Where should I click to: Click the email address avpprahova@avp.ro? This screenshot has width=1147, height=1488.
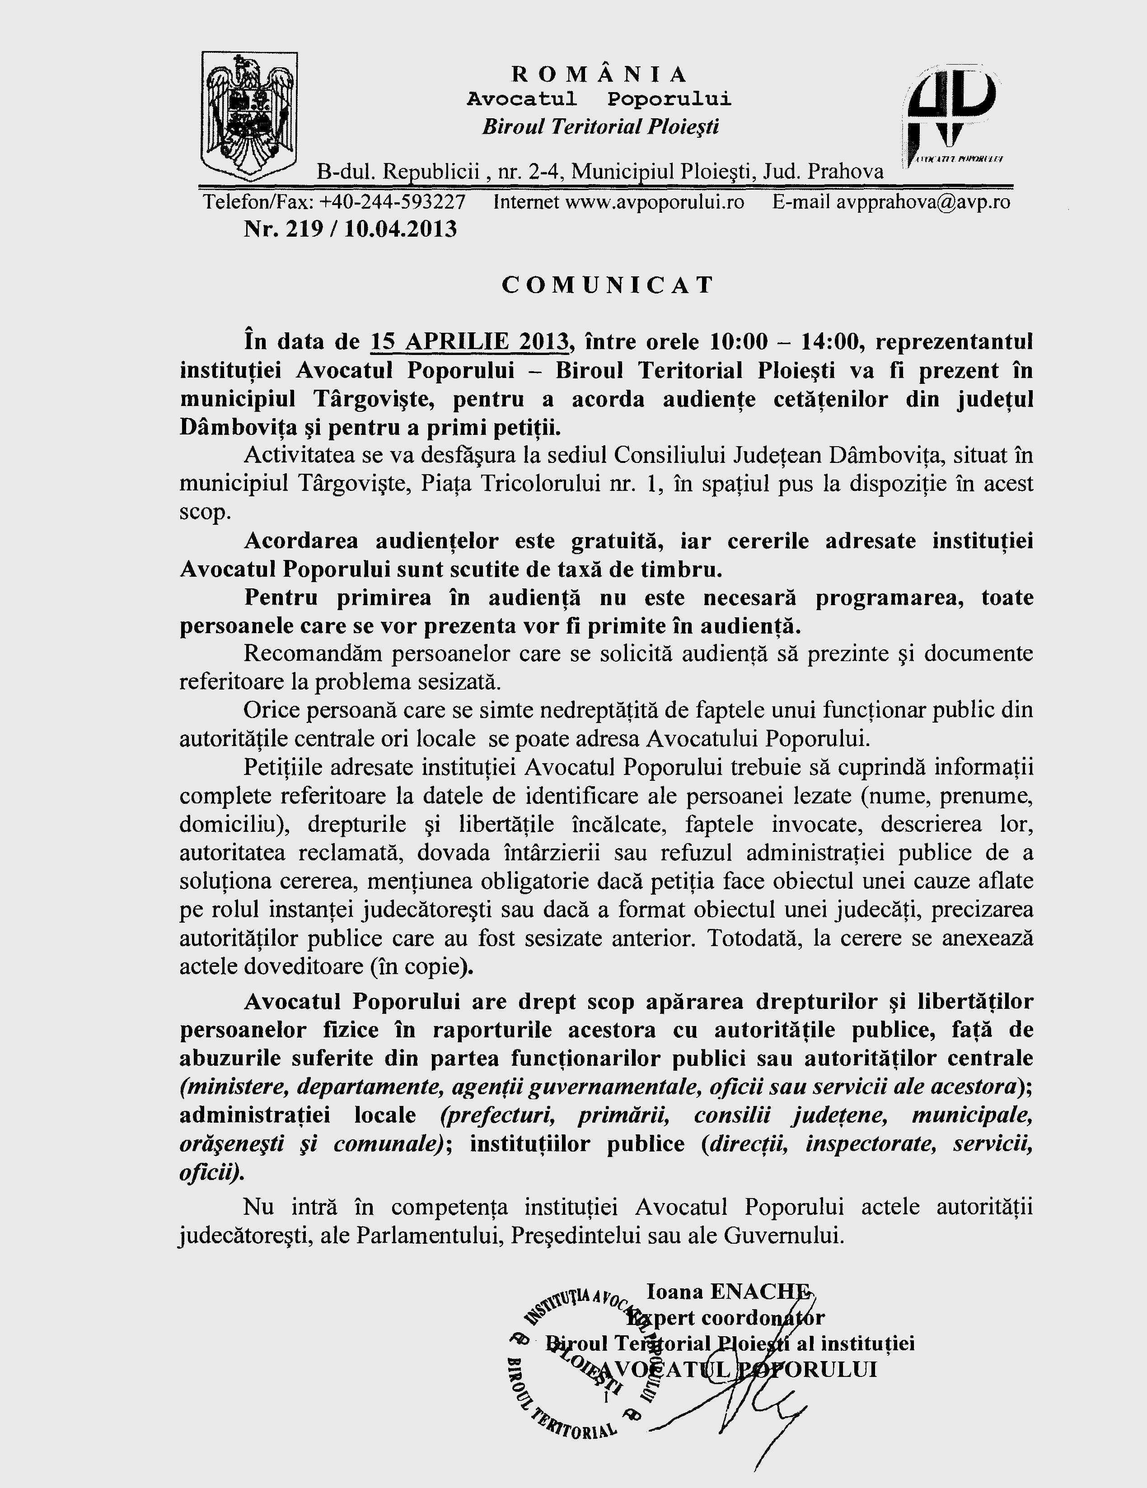(923, 202)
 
